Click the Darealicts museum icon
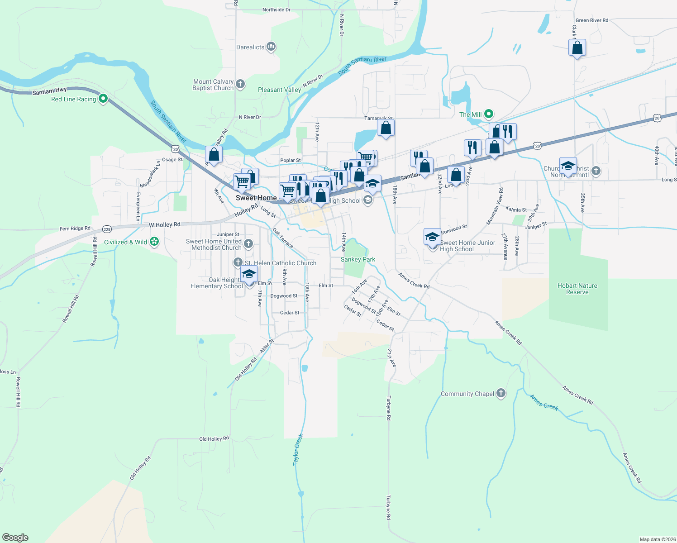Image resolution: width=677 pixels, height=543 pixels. point(271,47)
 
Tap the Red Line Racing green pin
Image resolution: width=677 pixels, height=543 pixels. point(103,99)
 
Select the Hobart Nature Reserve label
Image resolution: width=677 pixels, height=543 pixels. point(577,289)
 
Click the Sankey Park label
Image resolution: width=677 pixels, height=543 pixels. point(358,259)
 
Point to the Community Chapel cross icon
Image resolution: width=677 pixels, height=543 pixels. point(501,393)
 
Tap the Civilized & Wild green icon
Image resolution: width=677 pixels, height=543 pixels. point(154,242)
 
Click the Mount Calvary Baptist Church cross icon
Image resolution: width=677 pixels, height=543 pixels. point(240,84)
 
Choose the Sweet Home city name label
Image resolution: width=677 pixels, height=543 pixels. point(256,198)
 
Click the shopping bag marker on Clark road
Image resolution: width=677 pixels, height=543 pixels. point(577,48)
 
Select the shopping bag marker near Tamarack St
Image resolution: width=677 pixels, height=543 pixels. point(386,128)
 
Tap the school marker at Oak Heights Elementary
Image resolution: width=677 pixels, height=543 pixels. point(249,274)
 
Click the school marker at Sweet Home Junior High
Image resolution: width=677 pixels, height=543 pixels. point(432,237)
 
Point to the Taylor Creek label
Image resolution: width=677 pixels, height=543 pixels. point(298,450)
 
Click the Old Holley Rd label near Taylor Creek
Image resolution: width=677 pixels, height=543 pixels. point(214,438)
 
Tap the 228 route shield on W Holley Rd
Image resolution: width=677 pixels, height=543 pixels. point(107,229)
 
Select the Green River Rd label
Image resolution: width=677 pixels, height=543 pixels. point(591,20)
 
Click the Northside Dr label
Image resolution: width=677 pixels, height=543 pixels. point(276,10)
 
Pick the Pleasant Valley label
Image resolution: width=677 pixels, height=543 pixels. point(279,90)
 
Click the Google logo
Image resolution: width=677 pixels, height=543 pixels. point(15,537)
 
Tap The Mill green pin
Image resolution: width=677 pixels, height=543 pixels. point(488,114)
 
